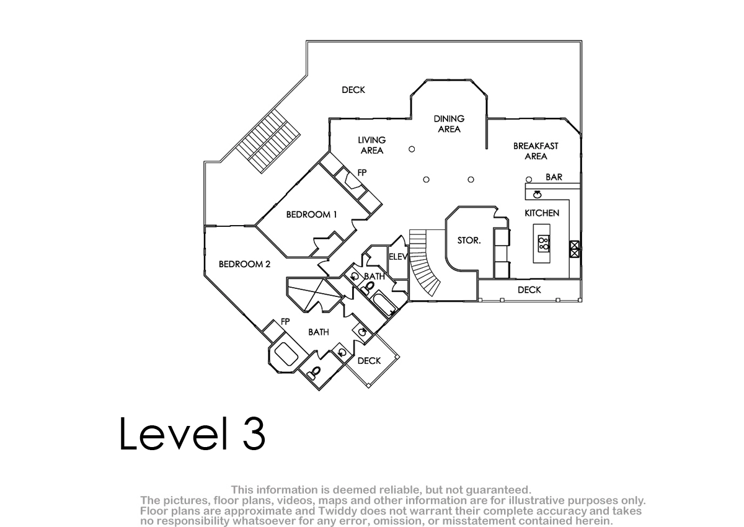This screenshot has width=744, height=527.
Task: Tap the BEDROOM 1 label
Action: click(x=311, y=215)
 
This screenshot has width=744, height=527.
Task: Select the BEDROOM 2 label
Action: click(x=244, y=264)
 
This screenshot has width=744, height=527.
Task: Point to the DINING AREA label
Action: click(x=449, y=124)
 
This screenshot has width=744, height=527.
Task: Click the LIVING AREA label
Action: click(x=371, y=146)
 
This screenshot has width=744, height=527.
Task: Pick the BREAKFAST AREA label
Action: click(x=536, y=151)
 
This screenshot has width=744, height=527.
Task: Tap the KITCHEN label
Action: click(x=542, y=213)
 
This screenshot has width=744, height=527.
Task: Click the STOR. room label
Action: click(x=469, y=241)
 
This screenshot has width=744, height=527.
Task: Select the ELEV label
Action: click(x=398, y=257)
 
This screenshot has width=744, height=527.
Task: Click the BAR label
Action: click(x=554, y=177)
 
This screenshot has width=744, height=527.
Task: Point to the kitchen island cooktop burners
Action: click(x=544, y=244)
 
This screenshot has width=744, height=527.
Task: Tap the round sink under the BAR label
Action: click(x=537, y=195)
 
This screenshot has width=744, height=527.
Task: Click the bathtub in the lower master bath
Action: click(x=286, y=354)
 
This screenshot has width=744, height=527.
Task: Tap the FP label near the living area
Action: click(x=362, y=173)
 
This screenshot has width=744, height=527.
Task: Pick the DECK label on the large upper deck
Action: click(x=353, y=90)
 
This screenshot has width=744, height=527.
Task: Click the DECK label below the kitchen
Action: click(x=529, y=290)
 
